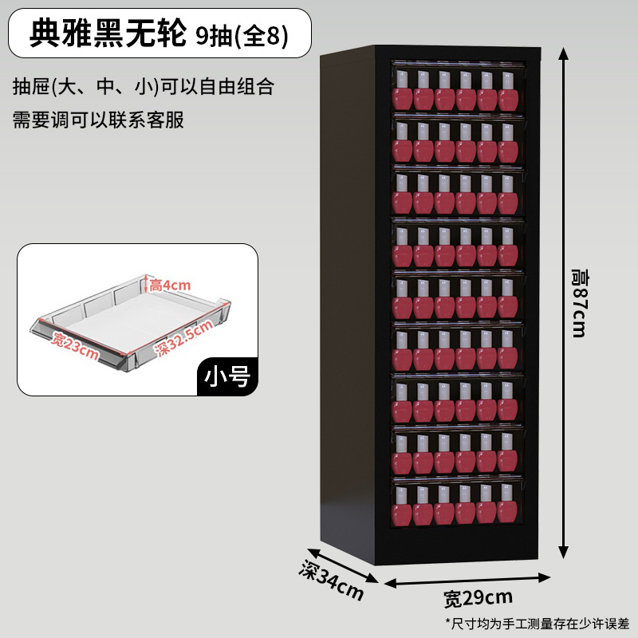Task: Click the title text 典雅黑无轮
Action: pos(108,33)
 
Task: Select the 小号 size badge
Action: pos(227,376)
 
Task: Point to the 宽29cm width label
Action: pos(478,597)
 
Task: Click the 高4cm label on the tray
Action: pos(170,285)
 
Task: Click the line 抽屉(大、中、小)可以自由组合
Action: pos(144,86)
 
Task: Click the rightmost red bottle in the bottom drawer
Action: pos(507,507)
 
